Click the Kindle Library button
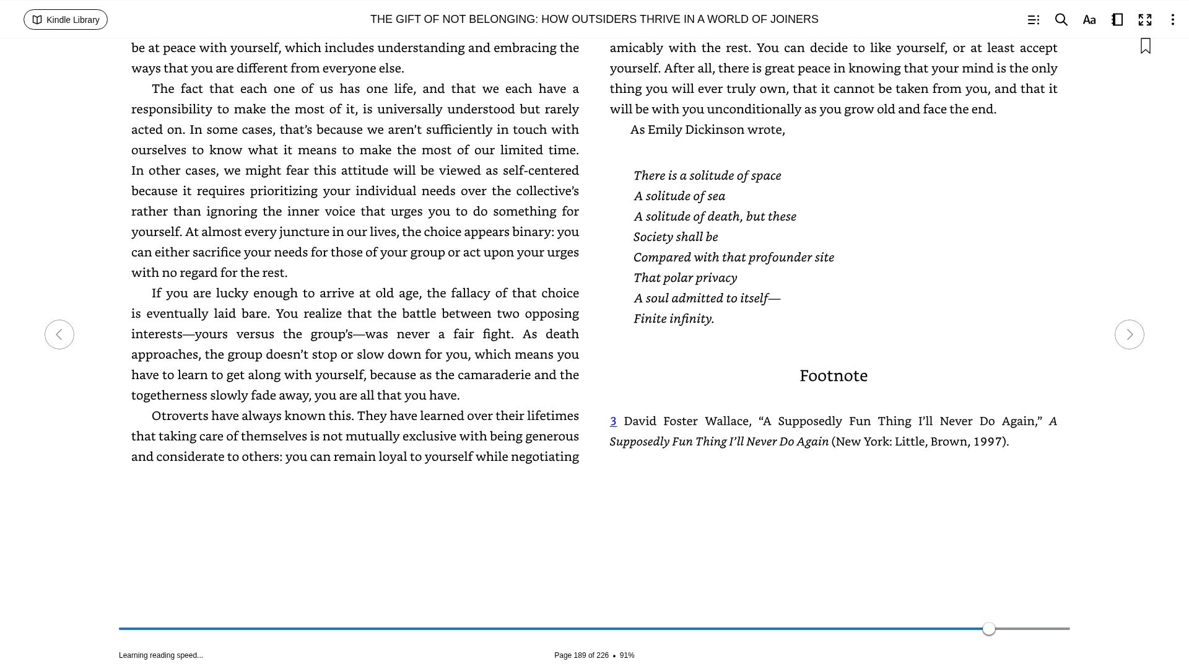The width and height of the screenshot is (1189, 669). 66,20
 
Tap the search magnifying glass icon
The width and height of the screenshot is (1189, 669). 1061,20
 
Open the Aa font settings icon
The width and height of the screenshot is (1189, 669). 1089,20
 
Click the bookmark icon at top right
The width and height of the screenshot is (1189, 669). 1146,46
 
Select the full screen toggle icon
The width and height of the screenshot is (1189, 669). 1145,20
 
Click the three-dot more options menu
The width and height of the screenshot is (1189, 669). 1172,20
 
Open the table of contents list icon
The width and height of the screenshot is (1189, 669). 1033,20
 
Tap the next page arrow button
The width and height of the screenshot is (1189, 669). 1129,334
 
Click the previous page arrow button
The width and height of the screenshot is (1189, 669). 59,334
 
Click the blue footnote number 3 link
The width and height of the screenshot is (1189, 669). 613,421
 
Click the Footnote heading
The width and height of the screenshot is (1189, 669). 833,375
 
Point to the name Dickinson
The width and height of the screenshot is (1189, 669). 715,129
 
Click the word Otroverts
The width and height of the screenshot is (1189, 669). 181,416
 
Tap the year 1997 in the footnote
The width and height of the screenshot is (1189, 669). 987,442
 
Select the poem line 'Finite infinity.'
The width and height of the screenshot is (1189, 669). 674,318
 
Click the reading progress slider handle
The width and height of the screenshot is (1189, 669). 989,629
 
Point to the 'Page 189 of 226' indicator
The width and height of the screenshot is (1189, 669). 581,655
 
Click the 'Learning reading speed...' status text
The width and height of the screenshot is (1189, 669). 161,655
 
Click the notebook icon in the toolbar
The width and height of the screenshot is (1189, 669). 1117,20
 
